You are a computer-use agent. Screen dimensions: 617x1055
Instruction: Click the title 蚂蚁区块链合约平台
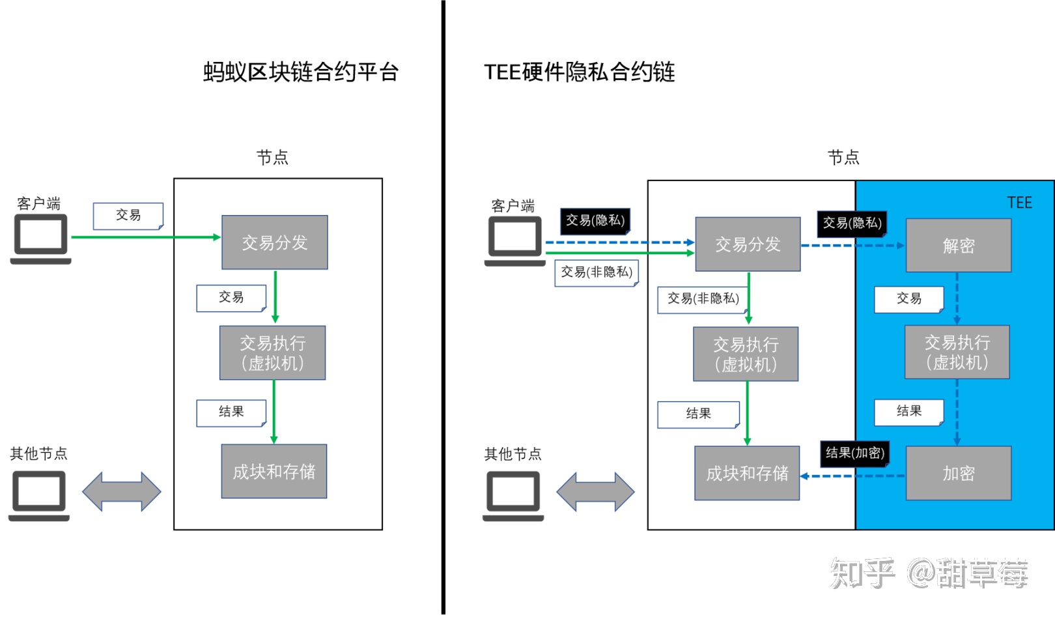(x=301, y=72)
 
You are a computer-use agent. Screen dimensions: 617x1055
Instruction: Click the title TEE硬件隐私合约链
(x=579, y=72)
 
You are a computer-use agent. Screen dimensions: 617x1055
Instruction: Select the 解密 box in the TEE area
(x=958, y=246)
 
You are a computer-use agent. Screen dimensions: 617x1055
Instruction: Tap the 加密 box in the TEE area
(x=958, y=474)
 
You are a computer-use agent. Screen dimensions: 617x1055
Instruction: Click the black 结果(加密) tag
(x=854, y=453)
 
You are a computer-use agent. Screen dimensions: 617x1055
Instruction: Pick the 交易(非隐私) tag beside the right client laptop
(x=597, y=272)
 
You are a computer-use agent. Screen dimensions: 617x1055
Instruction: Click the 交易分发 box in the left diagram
(x=274, y=242)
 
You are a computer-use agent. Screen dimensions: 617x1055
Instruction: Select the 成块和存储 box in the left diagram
(x=274, y=471)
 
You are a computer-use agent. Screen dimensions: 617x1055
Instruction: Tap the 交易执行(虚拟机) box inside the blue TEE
(x=957, y=352)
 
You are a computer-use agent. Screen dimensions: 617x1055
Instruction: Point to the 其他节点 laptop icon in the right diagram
(x=513, y=496)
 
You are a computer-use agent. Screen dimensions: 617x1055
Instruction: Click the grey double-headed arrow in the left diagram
(x=121, y=491)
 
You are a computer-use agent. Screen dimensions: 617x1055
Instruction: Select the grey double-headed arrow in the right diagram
(x=595, y=491)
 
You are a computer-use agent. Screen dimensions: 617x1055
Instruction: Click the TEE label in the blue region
(x=1019, y=203)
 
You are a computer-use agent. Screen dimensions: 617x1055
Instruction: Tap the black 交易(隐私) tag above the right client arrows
(x=595, y=220)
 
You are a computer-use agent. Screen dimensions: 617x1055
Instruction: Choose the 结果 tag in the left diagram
(x=231, y=412)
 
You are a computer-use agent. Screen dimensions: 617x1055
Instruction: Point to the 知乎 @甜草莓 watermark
(x=929, y=573)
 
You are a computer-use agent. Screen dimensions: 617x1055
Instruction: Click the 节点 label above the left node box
(x=272, y=157)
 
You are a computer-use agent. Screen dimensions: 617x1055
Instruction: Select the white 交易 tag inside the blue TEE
(x=908, y=299)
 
